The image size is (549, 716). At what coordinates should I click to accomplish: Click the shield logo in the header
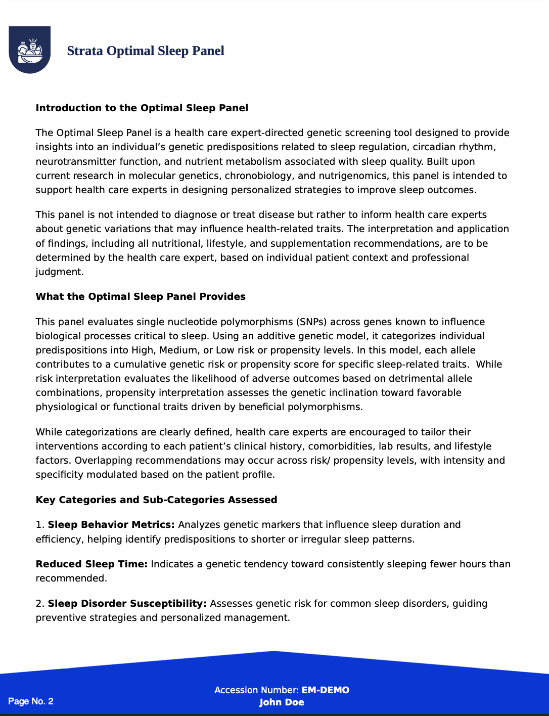pyautogui.click(x=30, y=50)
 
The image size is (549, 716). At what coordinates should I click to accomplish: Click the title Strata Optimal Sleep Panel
pyautogui.click(x=146, y=51)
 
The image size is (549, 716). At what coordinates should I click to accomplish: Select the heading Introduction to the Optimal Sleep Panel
pyautogui.click(x=142, y=108)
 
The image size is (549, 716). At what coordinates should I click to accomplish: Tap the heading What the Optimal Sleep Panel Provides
pyautogui.click(x=141, y=296)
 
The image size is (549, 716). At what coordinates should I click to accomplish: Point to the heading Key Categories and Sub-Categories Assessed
pyautogui.click(x=156, y=500)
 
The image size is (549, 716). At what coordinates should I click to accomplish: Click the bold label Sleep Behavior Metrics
pyautogui.click(x=111, y=524)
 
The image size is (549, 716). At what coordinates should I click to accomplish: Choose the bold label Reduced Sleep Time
pyautogui.click(x=91, y=564)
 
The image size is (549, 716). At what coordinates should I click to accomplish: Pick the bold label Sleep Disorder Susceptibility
pyautogui.click(x=127, y=603)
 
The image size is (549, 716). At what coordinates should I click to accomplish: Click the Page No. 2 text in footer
pyautogui.click(x=31, y=701)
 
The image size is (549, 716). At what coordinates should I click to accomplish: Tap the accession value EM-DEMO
pyautogui.click(x=326, y=690)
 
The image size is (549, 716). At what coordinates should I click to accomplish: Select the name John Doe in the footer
pyautogui.click(x=282, y=702)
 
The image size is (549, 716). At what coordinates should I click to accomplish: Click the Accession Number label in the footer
pyautogui.click(x=256, y=690)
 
